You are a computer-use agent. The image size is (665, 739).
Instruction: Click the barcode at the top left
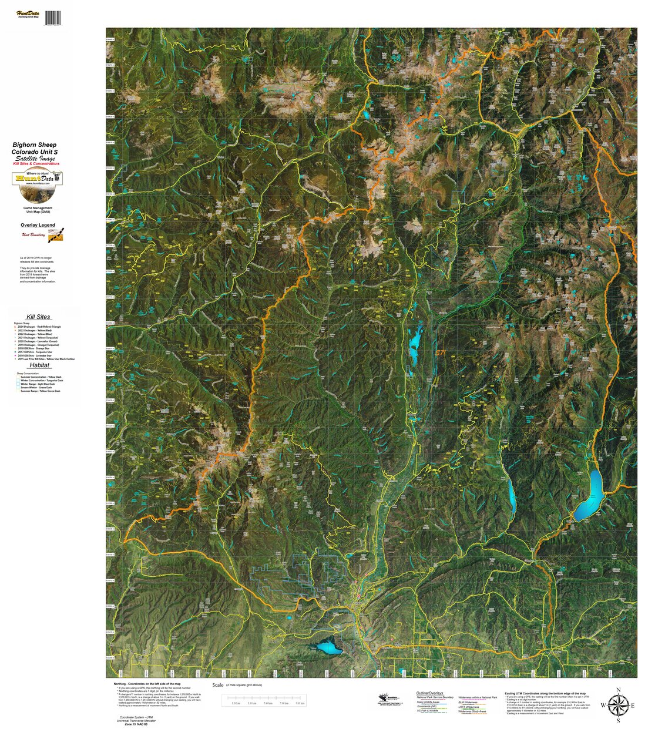(x=53, y=18)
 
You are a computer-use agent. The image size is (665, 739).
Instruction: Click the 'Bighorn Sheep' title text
(x=35, y=145)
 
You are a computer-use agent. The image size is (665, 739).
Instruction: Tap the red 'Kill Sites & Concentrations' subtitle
(x=36, y=164)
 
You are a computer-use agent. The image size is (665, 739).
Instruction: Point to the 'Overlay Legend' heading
(x=38, y=225)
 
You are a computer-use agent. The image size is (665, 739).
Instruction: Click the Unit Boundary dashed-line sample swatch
(x=56, y=235)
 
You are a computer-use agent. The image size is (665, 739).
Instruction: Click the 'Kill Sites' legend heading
(x=38, y=317)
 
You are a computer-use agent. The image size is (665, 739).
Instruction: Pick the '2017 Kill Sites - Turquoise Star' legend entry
(x=36, y=352)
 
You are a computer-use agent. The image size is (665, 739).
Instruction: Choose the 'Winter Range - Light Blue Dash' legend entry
(x=38, y=384)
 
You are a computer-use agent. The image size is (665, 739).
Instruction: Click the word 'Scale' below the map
(x=218, y=685)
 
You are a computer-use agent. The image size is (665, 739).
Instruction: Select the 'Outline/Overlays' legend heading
(x=429, y=693)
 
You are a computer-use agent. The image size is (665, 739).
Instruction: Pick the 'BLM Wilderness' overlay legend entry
(x=468, y=702)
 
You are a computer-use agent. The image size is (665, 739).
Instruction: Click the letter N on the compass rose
(x=618, y=690)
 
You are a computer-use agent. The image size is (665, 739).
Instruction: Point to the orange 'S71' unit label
(x=440, y=352)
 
